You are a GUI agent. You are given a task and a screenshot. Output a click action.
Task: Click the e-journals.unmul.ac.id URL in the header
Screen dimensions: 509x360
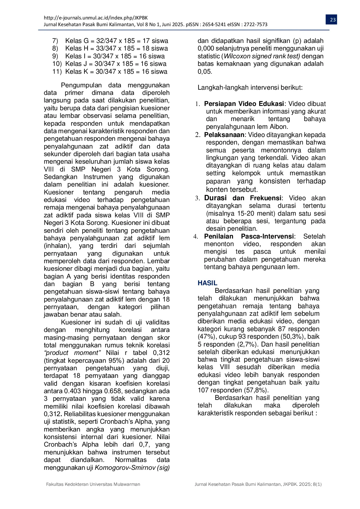click(x=96, y=18)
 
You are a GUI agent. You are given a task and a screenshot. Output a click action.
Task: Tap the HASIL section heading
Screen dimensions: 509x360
click(x=207, y=283)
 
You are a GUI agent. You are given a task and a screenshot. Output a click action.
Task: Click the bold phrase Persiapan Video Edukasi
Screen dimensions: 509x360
click(x=244, y=104)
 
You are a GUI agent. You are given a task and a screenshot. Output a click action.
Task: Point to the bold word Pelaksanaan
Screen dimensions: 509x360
click(x=224, y=135)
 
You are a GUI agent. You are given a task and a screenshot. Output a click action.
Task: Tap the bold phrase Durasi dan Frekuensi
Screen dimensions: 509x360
click(x=243, y=198)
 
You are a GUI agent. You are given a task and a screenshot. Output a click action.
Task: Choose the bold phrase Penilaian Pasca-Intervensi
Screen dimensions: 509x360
click(x=249, y=237)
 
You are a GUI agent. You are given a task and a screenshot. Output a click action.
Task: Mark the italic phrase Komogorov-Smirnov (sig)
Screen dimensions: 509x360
click(x=132, y=468)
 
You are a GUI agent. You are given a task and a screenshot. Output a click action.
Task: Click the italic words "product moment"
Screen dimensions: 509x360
click(x=72, y=353)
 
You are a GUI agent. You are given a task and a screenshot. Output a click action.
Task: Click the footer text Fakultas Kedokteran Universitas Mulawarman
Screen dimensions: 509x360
click(x=93, y=484)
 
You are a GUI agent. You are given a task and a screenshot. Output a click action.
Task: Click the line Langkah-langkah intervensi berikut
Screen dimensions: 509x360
click(x=250, y=88)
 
